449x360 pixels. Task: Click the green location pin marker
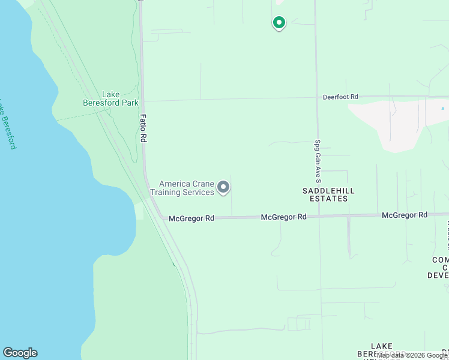pos(279,23)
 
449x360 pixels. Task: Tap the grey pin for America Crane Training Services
pos(223,188)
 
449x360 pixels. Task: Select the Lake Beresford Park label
pos(110,98)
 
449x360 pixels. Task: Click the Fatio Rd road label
pos(143,128)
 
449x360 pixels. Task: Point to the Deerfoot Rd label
pos(340,97)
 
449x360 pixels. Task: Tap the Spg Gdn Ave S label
pos(318,161)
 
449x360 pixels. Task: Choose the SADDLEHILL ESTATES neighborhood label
pos(328,194)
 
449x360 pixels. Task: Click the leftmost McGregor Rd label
pos(191,218)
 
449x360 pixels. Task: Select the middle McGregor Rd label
pos(284,217)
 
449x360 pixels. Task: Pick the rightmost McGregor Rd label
pos(405,215)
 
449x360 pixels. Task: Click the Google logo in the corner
pos(20,353)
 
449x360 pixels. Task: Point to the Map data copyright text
pos(412,355)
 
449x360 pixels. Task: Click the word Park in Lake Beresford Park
pos(130,103)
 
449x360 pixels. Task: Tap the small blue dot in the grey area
pos(443,109)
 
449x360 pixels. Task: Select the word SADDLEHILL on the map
pos(328,190)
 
